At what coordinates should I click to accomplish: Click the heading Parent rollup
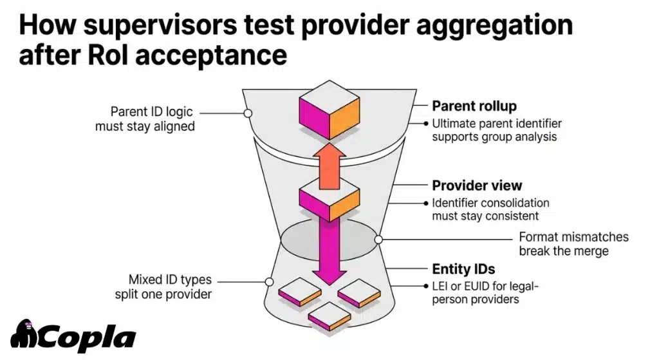pos(474,106)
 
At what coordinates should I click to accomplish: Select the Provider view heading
pos(477,185)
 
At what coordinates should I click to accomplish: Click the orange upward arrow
pos(329,165)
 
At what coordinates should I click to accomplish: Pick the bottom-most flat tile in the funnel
pos(329,317)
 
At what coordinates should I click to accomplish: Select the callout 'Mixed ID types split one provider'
pos(170,287)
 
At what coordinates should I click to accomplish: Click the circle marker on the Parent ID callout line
pos(248,113)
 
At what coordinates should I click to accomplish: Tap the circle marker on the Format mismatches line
pos(379,240)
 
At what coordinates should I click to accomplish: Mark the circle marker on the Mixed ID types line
pos(268,281)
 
